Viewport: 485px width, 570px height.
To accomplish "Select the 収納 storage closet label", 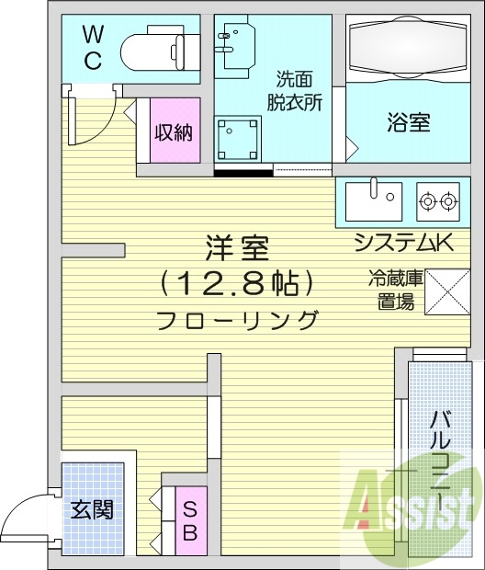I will (x=172, y=132).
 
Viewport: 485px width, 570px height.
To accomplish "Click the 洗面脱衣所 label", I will (x=294, y=90).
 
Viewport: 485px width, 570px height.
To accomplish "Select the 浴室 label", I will (x=407, y=123).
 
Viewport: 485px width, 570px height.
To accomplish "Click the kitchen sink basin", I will (x=374, y=198).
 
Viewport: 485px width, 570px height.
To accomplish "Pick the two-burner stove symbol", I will (x=437, y=199).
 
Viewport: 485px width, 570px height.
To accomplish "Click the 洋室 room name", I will (x=237, y=250).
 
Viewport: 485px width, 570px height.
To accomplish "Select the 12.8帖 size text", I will (x=237, y=283).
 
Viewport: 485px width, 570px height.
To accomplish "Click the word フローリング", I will (x=237, y=321).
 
